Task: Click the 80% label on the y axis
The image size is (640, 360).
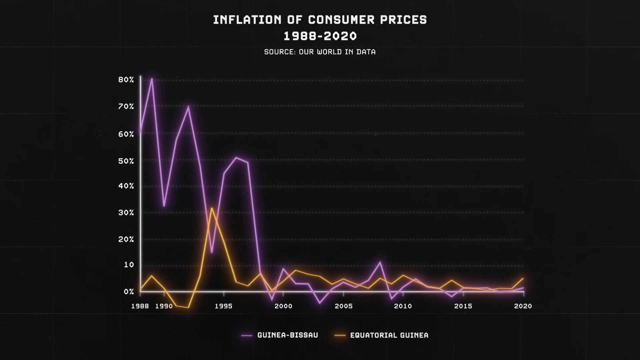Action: (x=126, y=80)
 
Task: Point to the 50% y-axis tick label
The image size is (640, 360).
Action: (x=126, y=161)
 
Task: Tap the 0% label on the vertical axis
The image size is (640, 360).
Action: (x=129, y=292)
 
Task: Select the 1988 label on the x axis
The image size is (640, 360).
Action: (x=140, y=306)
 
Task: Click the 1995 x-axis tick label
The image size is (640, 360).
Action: (x=224, y=306)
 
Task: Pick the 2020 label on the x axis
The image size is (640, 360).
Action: (x=523, y=306)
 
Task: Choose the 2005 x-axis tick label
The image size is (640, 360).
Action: (x=344, y=306)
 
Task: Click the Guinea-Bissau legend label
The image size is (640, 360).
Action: (x=288, y=335)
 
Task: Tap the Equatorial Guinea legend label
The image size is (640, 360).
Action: (x=389, y=335)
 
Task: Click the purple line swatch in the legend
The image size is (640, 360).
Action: (x=247, y=336)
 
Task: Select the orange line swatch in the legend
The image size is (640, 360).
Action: (x=340, y=336)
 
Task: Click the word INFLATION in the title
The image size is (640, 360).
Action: (x=247, y=20)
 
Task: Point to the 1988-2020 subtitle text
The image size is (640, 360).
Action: (x=320, y=36)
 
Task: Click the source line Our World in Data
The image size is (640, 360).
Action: (x=320, y=52)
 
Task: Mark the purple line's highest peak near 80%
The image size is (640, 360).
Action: (x=152, y=79)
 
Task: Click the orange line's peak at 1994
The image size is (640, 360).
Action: (x=211, y=208)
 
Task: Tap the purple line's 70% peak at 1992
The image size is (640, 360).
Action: (x=188, y=106)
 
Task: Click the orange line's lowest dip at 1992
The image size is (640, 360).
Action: (x=188, y=307)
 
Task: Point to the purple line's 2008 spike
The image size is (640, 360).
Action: (x=380, y=262)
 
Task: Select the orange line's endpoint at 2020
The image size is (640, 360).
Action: (x=523, y=278)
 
